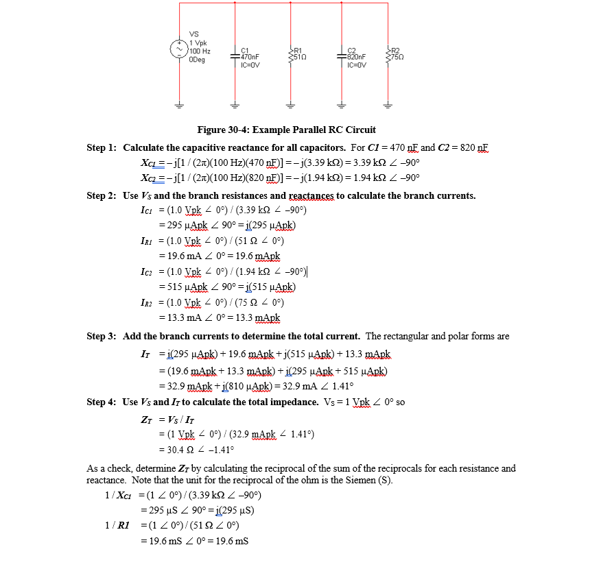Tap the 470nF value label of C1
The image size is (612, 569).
pyautogui.click(x=250, y=58)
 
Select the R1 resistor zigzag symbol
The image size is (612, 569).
pyautogui.click(x=292, y=53)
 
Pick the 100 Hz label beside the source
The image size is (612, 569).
pyautogui.click(x=200, y=51)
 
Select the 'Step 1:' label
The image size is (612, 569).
pyautogui.click(x=102, y=148)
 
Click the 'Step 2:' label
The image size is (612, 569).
pyautogui.click(x=102, y=196)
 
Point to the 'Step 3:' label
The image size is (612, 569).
pyautogui.click(x=102, y=336)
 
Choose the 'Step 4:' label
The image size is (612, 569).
pyautogui.click(x=102, y=402)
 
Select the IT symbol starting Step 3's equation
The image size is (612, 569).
pyautogui.click(x=145, y=354)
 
